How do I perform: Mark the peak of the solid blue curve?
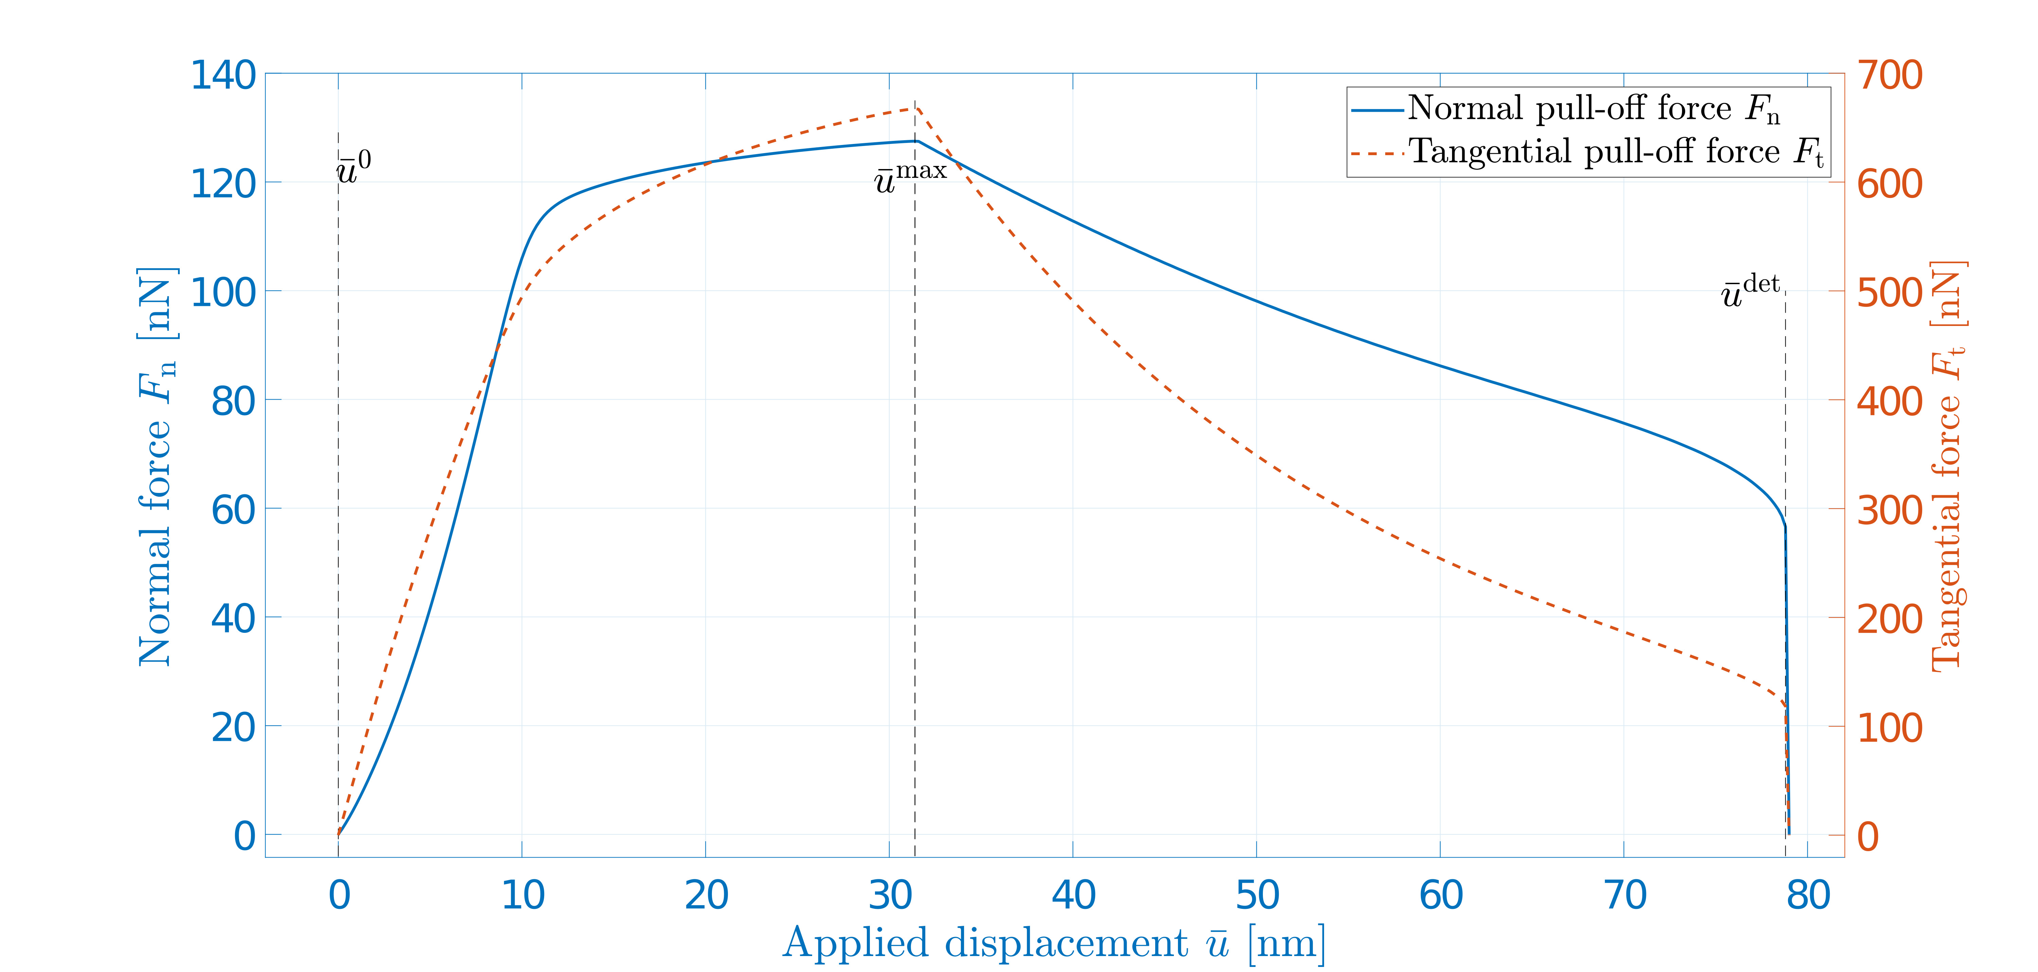click(916, 141)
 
